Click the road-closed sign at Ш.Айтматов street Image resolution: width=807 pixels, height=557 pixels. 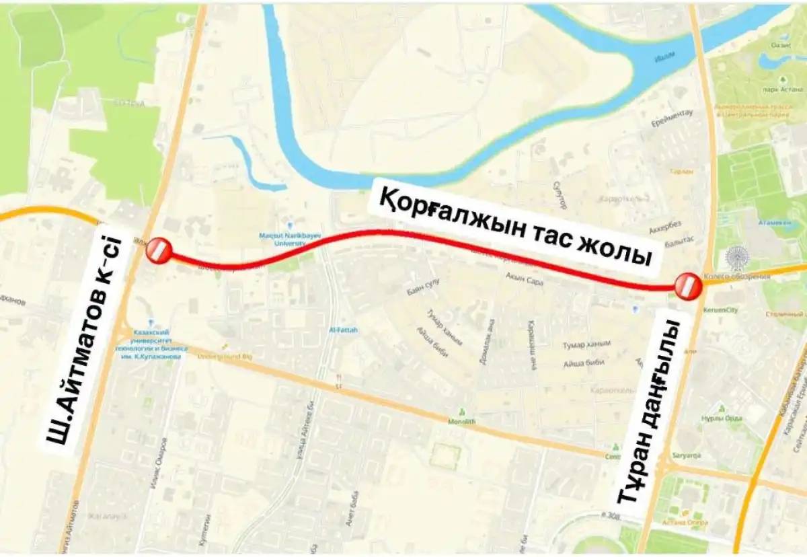159,250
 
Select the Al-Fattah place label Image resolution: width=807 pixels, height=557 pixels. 343,330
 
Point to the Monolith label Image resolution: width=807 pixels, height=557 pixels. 461,422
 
